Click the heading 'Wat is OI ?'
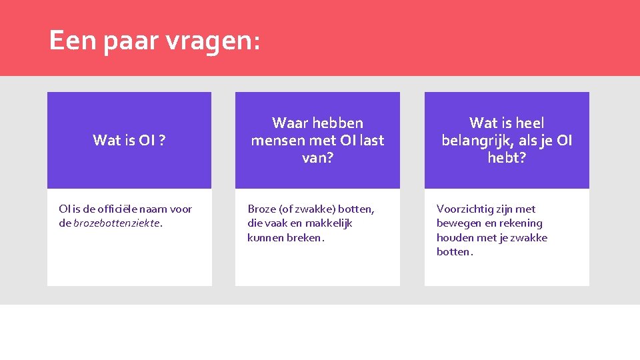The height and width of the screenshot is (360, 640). [x=129, y=140]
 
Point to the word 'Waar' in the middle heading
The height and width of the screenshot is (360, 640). [x=290, y=123]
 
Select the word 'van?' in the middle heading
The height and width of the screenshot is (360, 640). [x=317, y=159]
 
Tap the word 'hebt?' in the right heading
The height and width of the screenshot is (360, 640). [x=507, y=159]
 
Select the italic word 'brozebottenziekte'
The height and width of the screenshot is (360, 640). [x=117, y=223]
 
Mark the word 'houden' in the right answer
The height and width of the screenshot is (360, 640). [x=455, y=238]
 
